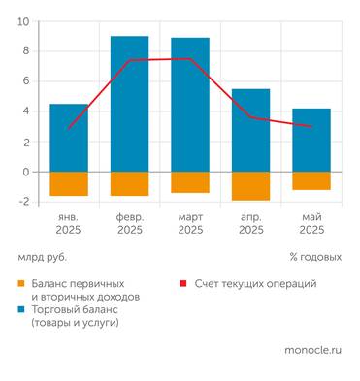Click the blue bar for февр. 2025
click(129, 104)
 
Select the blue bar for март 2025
click(190, 105)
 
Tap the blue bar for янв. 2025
click(69, 138)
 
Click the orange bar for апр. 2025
click(250, 186)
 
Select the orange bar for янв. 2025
click(69, 183)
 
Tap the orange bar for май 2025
click(311, 180)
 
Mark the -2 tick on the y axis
click(23, 202)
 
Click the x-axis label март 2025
click(190, 224)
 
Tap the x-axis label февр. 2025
click(129, 224)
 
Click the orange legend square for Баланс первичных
click(21, 283)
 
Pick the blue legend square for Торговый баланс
click(21, 309)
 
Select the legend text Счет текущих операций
click(255, 283)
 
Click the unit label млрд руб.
click(44, 258)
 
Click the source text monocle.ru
click(313, 350)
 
